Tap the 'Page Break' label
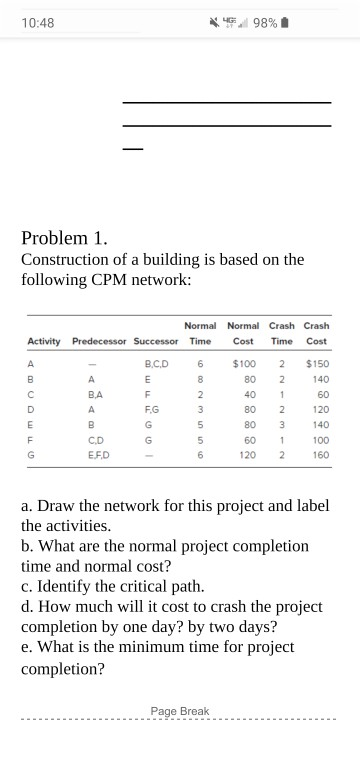point(180,711)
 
